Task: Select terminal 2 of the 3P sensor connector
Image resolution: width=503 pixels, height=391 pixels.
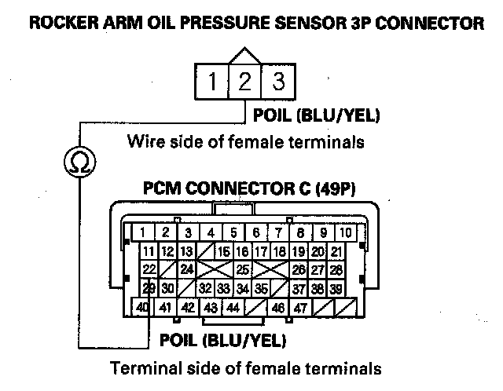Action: pyautogui.click(x=245, y=81)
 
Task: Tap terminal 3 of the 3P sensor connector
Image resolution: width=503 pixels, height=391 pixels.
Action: pyautogui.click(x=277, y=81)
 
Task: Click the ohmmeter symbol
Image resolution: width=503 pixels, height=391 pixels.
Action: pyautogui.click(x=79, y=162)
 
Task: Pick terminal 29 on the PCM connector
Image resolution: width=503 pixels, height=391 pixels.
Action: pyautogui.click(x=148, y=288)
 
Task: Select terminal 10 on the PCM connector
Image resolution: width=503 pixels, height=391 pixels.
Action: pyautogui.click(x=344, y=232)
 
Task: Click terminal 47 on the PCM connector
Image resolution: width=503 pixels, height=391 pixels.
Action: pyautogui.click(x=299, y=308)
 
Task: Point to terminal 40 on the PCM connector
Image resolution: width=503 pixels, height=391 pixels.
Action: pyautogui.click(x=142, y=308)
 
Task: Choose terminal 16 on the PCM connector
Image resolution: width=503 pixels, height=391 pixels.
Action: pyautogui.click(x=223, y=251)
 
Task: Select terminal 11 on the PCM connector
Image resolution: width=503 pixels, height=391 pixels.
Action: pyautogui.click(x=148, y=251)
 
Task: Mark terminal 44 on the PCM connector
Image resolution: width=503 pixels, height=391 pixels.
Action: pyautogui.click(x=232, y=308)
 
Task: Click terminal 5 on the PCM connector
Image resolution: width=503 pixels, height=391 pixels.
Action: pyautogui.click(x=233, y=232)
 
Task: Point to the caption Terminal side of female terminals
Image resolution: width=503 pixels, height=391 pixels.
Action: pyautogui.click(x=245, y=367)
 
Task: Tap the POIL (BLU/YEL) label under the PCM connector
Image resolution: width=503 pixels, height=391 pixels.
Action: pyautogui.click(x=222, y=340)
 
